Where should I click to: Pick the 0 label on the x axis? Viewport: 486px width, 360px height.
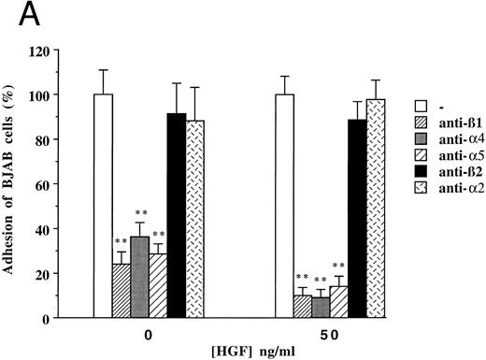(x=149, y=334)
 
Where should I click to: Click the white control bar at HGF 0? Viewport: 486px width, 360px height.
(x=103, y=206)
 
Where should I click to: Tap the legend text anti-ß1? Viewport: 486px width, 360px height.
(x=451, y=116)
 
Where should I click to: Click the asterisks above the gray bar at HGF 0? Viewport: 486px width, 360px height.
(x=138, y=215)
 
